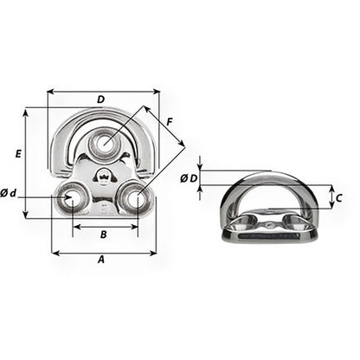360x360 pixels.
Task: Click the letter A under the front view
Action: coord(100,259)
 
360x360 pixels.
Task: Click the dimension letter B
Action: coord(103,234)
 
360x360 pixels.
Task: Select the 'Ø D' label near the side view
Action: coord(189,178)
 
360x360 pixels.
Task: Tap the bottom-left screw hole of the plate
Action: coord(67,199)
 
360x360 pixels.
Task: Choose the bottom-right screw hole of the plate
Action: coord(134,199)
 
